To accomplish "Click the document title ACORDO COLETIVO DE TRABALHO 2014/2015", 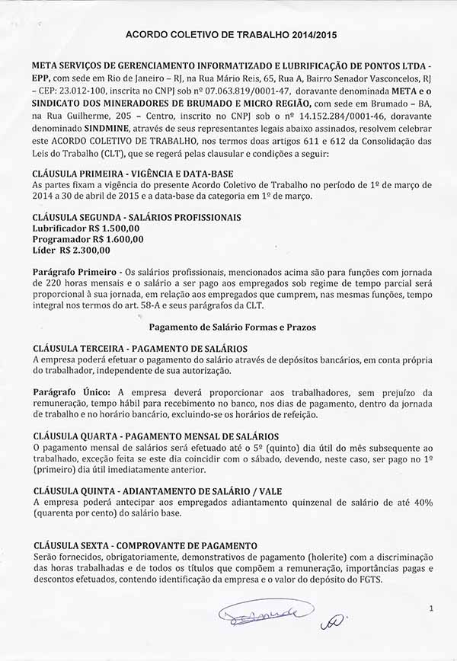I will tap(231, 35).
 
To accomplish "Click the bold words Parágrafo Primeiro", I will tap(74, 272).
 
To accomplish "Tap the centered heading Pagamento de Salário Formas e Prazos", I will tap(232, 327).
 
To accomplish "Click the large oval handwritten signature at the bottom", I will tap(264, 612).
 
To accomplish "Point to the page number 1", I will tap(432, 608).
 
